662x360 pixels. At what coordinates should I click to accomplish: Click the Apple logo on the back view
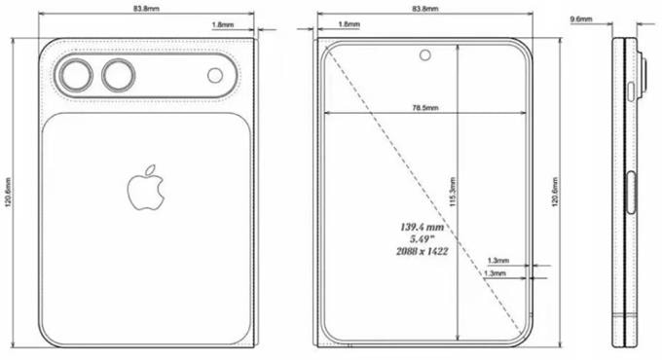pyautogui.click(x=145, y=188)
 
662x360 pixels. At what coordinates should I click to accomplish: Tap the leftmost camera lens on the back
pyautogui.click(x=75, y=76)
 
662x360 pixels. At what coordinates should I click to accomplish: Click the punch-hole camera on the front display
pyautogui.click(x=426, y=54)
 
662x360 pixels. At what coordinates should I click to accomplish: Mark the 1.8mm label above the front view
pyautogui.click(x=348, y=23)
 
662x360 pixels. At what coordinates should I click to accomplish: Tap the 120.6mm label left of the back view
pyautogui.click(x=8, y=195)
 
